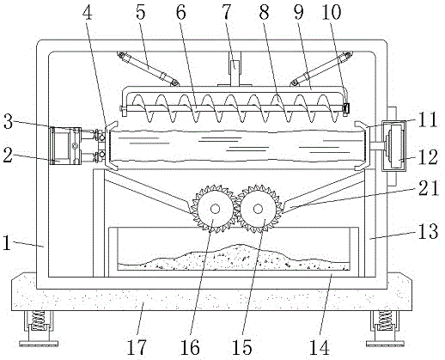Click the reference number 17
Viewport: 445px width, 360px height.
click(137, 347)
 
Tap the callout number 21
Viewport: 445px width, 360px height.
click(429, 188)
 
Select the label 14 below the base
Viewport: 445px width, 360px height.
click(320, 347)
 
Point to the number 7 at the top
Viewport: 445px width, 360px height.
click(227, 12)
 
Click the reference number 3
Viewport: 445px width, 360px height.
click(8, 121)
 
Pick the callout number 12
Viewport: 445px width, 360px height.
click(429, 156)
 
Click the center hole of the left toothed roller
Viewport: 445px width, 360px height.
click(215, 209)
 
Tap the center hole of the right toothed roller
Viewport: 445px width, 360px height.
click(258, 209)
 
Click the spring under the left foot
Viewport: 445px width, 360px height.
click(38, 320)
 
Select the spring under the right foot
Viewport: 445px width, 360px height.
click(384, 320)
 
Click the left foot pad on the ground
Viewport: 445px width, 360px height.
click(39, 343)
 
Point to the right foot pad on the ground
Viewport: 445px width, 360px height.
click(385, 343)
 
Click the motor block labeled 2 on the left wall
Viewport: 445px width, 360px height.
click(65, 146)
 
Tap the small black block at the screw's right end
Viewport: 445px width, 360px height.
click(346, 108)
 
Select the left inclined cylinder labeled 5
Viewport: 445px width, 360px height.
click(148, 69)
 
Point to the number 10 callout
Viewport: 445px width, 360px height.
click(332, 12)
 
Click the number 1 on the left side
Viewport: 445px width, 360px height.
click(7, 244)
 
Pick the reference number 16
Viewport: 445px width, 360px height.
click(190, 347)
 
